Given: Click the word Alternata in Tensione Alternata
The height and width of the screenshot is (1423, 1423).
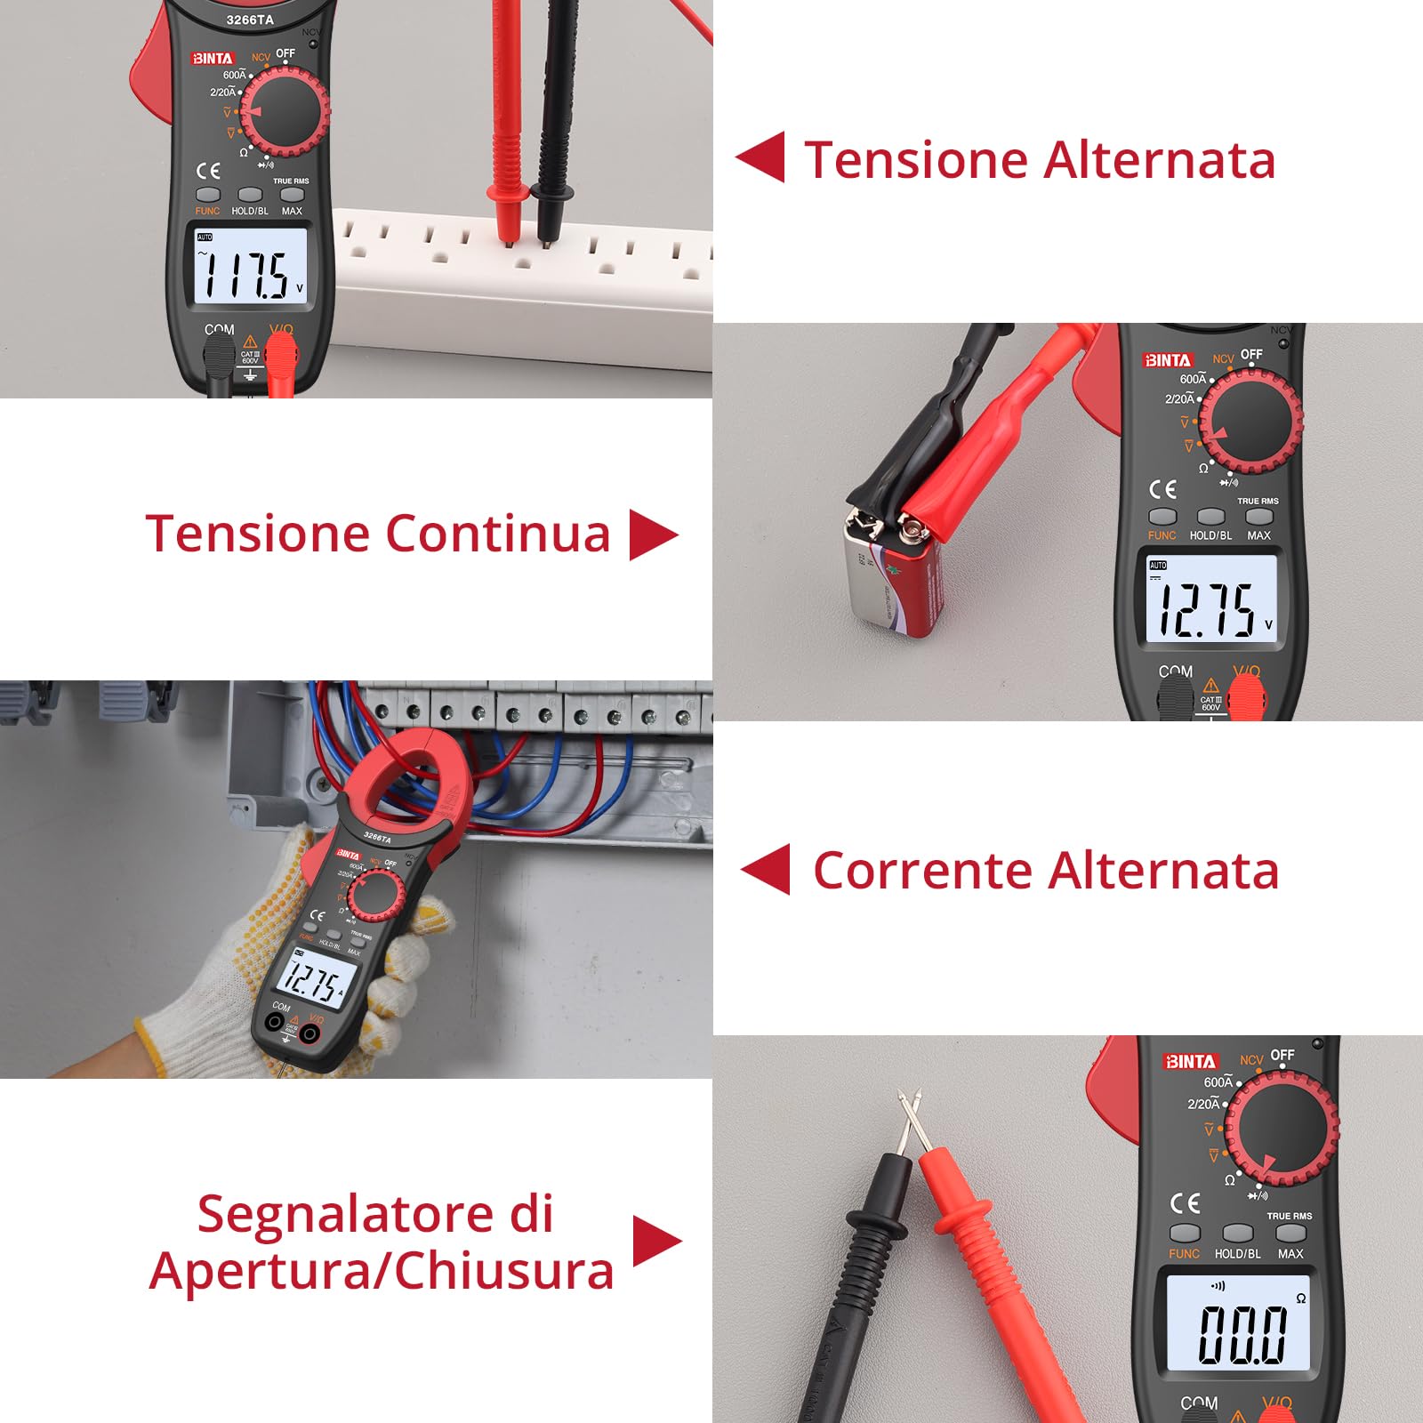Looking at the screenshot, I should (x=1160, y=160).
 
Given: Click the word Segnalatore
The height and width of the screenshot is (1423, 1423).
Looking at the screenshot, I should (x=374, y=1214).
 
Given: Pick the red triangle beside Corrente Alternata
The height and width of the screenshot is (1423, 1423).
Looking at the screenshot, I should (x=767, y=869).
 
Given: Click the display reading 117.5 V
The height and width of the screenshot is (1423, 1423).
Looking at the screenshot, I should (x=251, y=267).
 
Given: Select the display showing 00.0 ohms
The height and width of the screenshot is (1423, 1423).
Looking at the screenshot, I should (x=1238, y=1323).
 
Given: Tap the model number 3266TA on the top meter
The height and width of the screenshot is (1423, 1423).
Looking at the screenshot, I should (x=250, y=20).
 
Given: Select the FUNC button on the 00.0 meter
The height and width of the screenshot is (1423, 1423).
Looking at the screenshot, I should (x=1184, y=1233).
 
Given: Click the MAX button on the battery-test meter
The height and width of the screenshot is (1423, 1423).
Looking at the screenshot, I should (x=1258, y=516).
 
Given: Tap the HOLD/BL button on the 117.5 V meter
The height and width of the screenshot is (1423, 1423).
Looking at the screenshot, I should (x=250, y=194).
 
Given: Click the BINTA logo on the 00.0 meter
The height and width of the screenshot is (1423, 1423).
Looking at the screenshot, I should (x=1190, y=1061).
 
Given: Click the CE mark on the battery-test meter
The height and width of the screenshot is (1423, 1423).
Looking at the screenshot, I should (x=1162, y=489).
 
